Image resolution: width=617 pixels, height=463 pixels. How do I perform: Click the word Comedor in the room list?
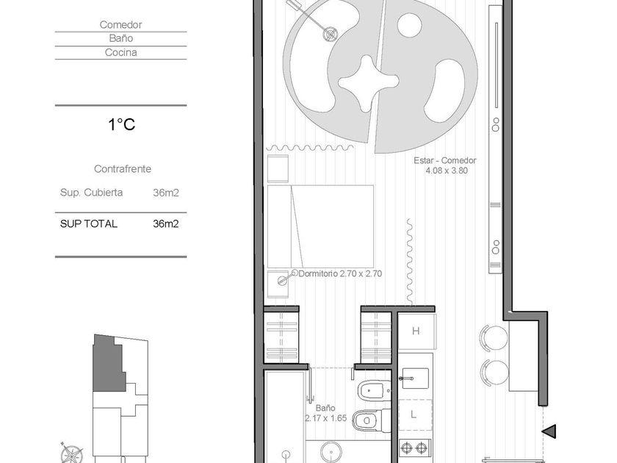tap(120, 25)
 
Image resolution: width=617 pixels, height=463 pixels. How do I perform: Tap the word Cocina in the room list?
tap(120, 52)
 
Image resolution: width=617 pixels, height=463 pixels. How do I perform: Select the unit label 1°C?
tap(122, 124)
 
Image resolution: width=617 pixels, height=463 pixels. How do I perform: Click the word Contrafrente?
tap(123, 169)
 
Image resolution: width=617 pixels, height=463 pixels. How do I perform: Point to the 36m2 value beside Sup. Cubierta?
tap(166, 193)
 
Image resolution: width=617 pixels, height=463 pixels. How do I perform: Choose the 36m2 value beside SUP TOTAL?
tap(166, 224)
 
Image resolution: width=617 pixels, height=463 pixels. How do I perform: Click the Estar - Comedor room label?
tap(445, 160)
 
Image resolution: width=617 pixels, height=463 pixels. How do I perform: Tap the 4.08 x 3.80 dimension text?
tap(447, 171)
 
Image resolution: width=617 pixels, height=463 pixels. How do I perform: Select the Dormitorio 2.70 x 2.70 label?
tap(340, 273)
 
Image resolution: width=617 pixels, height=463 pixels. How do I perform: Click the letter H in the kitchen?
tap(416, 331)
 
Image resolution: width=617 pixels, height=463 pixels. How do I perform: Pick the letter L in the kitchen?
tap(413, 414)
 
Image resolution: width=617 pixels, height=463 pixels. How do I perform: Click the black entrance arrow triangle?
tap(549, 431)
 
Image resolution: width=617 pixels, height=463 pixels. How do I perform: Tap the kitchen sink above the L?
tap(414, 378)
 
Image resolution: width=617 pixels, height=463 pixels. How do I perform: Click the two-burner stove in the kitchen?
tap(415, 448)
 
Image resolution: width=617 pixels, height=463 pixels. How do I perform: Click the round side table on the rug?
tap(410, 25)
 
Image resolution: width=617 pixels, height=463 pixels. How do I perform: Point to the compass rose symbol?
tap(72, 453)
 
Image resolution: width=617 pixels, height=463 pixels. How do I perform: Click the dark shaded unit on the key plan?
tap(108, 363)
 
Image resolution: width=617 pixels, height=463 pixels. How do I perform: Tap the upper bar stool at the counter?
tap(494, 338)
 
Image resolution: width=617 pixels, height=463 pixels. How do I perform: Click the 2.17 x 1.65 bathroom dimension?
tap(326, 418)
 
